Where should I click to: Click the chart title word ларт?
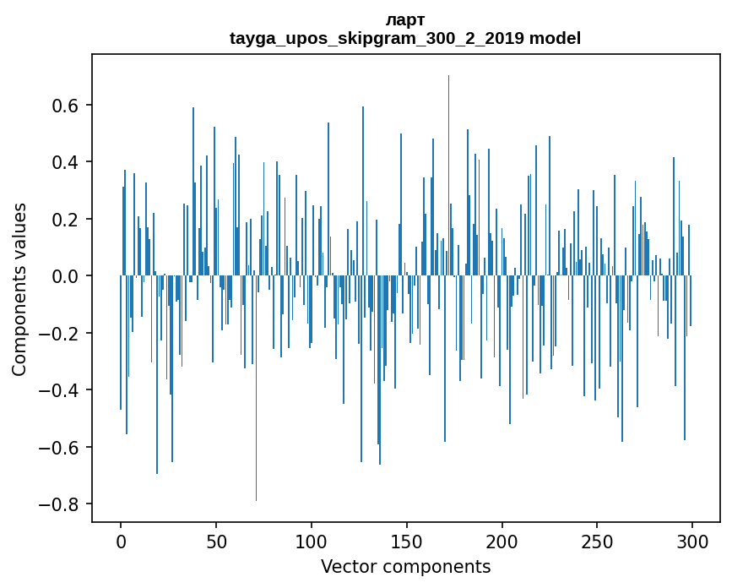click(405, 19)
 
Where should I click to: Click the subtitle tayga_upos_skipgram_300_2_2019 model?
click(405, 38)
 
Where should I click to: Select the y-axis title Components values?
click(19, 289)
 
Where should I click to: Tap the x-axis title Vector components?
click(405, 566)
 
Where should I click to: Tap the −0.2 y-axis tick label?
click(60, 334)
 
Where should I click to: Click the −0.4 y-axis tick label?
click(60, 390)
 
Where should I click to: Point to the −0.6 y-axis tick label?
click(60, 447)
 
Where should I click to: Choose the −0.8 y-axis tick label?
click(60, 504)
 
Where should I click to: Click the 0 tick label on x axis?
click(121, 542)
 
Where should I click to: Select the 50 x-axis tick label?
click(216, 542)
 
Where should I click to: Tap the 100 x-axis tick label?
click(312, 542)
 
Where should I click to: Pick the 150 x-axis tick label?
click(407, 542)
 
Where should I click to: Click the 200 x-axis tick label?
click(502, 542)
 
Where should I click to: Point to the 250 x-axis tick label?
click(597, 542)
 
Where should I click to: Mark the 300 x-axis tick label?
click(692, 542)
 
